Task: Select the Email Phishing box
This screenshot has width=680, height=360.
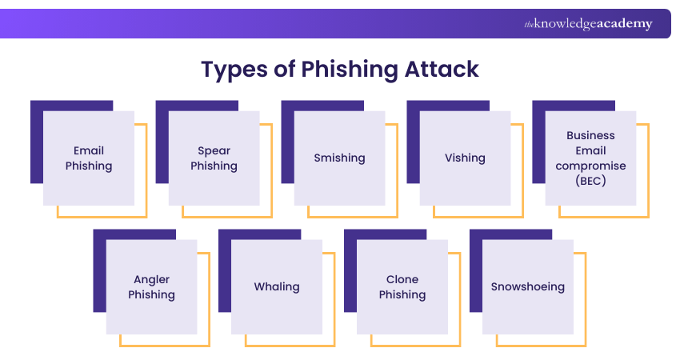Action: coord(89,158)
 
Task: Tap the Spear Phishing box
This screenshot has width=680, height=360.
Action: coord(214,158)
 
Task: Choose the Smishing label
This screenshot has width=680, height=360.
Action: coord(339,158)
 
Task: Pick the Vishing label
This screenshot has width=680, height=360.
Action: coord(465,158)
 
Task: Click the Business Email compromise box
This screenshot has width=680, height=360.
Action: coord(590,158)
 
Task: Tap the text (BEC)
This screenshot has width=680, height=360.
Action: coord(590,181)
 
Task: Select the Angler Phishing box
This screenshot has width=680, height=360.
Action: coord(152,287)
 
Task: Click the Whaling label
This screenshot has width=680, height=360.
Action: coord(277,286)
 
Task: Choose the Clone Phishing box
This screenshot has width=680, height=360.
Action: coord(402,287)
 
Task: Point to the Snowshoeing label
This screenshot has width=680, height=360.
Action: coord(528,286)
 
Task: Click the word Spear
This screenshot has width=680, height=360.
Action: coord(214,150)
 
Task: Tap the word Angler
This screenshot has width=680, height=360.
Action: coord(152,279)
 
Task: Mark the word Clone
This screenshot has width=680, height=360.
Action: coord(402,279)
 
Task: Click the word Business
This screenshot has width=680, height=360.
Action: coord(590,135)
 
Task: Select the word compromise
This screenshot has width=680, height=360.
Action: coord(590,166)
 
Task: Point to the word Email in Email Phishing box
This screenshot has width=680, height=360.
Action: coord(89,150)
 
